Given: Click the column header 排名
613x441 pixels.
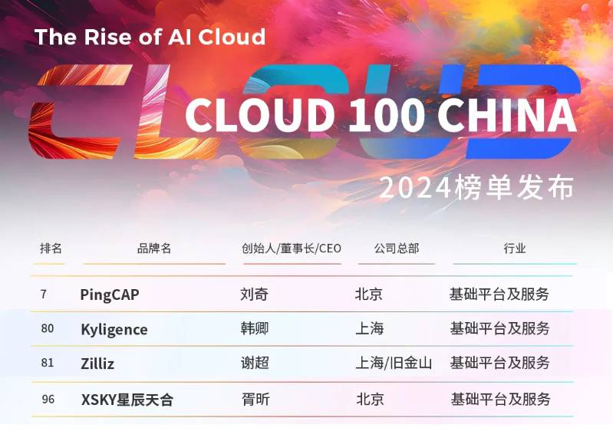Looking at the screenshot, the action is point(51,248).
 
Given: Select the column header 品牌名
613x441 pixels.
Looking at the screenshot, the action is point(154,248).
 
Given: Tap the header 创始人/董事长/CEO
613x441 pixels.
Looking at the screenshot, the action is point(292,248).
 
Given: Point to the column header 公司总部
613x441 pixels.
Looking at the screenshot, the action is point(397,248).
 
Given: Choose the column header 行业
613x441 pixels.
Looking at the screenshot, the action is point(515,248).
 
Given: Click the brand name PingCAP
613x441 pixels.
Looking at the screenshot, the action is point(110,295).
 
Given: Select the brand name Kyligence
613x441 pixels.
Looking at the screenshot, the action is point(114,330).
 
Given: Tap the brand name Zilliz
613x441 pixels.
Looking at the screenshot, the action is point(97,364).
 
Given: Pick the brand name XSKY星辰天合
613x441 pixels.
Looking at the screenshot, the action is point(127,400).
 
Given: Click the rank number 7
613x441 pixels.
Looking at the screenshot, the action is point(44,294).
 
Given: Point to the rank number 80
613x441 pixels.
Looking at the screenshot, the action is point(48,328).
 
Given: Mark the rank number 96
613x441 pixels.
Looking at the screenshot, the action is point(48,399).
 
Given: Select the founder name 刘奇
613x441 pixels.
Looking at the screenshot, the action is point(254,294).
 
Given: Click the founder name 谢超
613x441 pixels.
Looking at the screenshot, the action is point(255,363).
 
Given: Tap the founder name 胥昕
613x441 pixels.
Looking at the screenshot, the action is point(255,399).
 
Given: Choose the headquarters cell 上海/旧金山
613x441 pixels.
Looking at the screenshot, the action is point(394,364).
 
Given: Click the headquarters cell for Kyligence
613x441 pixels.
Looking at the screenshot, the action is point(370,328).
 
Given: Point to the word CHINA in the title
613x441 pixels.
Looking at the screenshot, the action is point(507,115).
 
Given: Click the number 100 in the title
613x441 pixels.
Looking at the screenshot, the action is point(386,115).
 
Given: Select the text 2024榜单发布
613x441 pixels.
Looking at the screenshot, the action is point(476,188).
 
